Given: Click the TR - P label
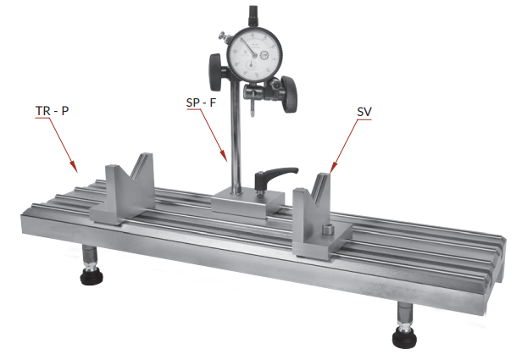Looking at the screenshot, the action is pyautogui.click(x=52, y=111).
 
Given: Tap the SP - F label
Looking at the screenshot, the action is pyautogui.click(x=201, y=102).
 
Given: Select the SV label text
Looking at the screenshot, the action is pyautogui.click(x=364, y=112).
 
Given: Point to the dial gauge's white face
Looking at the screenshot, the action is pyautogui.click(x=255, y=55).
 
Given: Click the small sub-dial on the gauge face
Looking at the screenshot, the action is pyautogui.click(x=252, y=64).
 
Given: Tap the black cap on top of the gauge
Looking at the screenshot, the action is pyautogui.click(x=253, y=15).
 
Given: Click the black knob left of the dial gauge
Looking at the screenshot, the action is pyautogui.click(x=216, y=73).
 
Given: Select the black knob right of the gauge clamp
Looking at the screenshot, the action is pyautogui.click(x=289, y=94).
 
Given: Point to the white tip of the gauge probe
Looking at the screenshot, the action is pyautogui.click(x=253, y=114).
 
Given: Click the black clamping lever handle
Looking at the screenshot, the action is pyautogui.click(x=276, y=174).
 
